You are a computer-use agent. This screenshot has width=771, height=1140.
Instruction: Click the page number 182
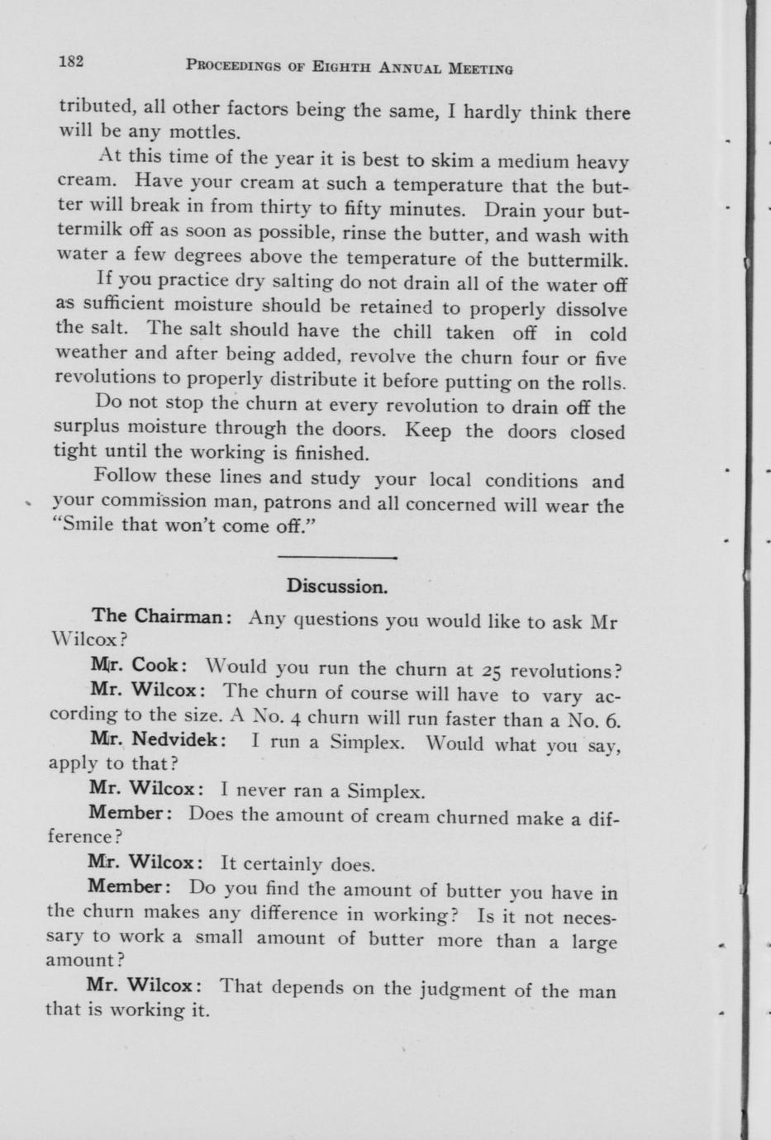tap(73, 61)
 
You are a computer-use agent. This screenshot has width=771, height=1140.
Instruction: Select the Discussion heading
tap(336, 587)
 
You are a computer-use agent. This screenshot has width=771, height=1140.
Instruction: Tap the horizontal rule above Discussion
tap(337, 558)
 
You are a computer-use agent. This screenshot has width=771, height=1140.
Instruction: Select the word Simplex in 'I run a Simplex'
tap(367, 741)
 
